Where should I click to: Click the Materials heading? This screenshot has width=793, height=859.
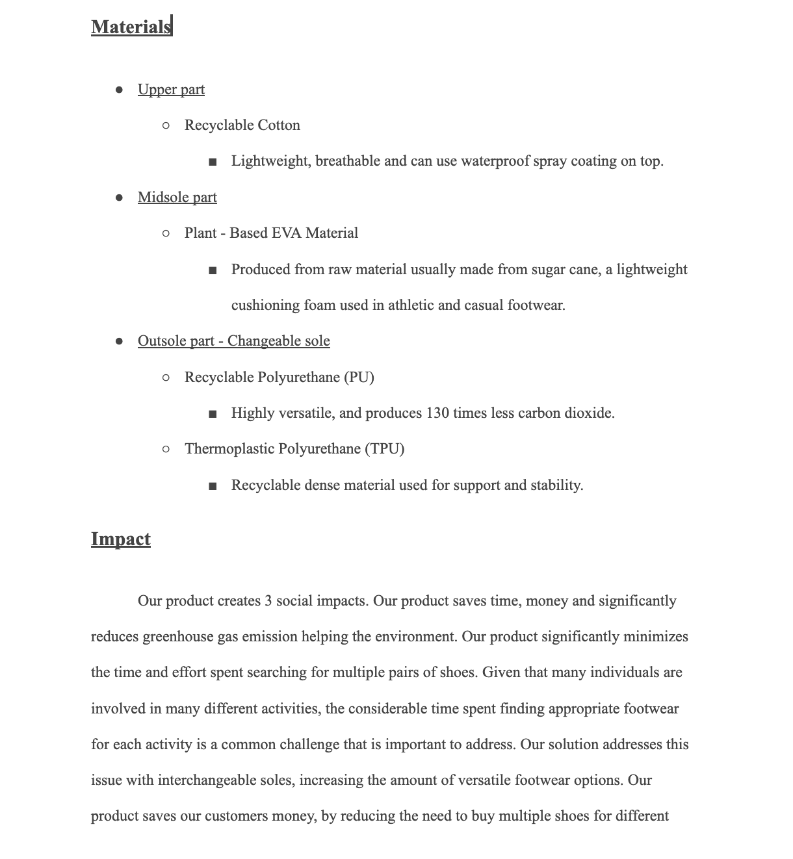point(131,27)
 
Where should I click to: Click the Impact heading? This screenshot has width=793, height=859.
point(121,539)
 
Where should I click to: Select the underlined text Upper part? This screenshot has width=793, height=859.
point(171,90)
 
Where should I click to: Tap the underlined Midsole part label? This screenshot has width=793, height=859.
point(177,198)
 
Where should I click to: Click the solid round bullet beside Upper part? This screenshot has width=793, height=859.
point(119,90)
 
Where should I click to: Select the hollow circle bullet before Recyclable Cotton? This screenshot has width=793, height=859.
point(166,125)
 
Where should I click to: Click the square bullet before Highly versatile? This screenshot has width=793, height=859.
point(213,414)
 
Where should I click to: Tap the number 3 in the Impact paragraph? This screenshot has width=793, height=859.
point(268,601)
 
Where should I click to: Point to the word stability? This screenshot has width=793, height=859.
point(556,485)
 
